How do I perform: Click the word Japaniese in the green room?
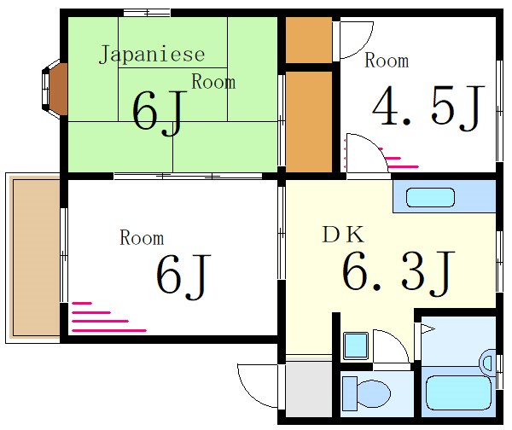click(x=152, y=55)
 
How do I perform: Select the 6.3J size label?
click(x=398, y=272)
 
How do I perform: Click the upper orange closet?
click(x=308, y=39)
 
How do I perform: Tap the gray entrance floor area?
click(x=307, y=388)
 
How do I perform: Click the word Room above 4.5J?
click(x=387, y=61)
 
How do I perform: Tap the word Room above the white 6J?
click(x=142, y=238)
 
